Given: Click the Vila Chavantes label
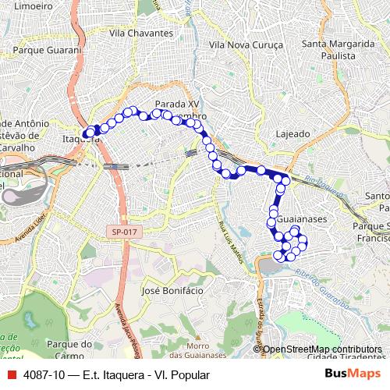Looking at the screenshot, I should click(141, 34).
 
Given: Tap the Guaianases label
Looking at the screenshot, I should click(301, 220).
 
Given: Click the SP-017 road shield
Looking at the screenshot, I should click(122, 232).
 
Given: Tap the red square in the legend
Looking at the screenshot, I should click(10, 375).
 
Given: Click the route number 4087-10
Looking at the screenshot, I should click(44, 375).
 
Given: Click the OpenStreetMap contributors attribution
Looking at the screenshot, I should click(322, 349).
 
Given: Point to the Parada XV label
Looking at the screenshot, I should click(178, 104).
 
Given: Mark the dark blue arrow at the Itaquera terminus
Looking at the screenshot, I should click(87, 133).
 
